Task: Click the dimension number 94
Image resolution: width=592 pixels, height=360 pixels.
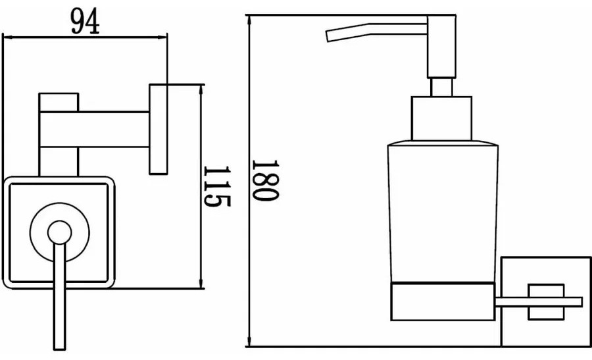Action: [86, 21]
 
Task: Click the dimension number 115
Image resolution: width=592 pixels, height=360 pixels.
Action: [216, 186]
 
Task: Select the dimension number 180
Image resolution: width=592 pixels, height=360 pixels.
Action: [266, 180]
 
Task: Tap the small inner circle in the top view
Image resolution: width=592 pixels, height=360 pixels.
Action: [60, 232]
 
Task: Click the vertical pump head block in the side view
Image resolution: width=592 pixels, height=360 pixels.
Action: [441, 47]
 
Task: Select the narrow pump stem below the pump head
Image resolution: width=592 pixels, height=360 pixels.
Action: [441, 88]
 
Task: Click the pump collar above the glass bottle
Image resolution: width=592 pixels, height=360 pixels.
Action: [441, 118]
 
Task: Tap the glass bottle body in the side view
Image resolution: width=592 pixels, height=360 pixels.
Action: [443, 211]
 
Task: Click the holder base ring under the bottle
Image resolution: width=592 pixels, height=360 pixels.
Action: [443, 301]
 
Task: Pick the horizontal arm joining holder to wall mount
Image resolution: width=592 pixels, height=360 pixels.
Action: [539, 302]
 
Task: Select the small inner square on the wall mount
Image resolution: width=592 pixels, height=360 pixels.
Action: [546, 302]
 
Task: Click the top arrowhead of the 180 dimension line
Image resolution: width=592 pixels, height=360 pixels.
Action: [249, 20]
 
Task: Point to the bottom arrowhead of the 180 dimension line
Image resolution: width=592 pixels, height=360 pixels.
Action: [249, 342]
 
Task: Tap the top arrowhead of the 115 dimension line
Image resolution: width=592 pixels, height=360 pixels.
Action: [201, 89]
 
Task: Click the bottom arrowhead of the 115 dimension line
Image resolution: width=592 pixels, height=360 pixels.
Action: [201, 284]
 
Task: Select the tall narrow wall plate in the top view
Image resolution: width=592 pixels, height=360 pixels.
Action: [159, 129]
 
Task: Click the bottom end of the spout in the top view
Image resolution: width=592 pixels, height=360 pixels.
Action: [60, 348]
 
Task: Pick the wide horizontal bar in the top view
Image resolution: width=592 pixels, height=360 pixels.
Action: [94, 129]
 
